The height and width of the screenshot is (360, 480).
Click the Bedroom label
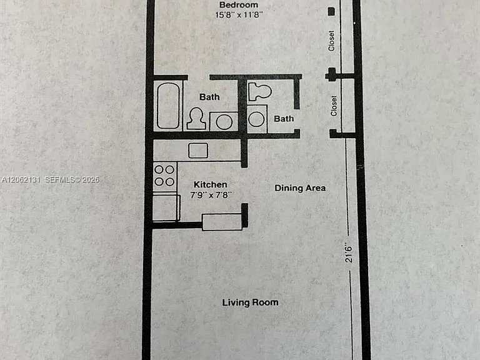pyautogui.click(x=239, y=5)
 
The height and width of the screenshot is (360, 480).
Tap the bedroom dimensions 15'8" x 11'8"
pyautogui.click(x=239, y=15)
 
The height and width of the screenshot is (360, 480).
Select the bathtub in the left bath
pyautogui.click(x=167, y=106)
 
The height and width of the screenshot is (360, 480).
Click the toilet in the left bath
pyautogui.click(x=196, y=118)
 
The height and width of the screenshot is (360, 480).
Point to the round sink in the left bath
pyautogui.click(x=224, y=122)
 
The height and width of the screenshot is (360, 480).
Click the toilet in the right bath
pyautogui.click(x=259, y=91)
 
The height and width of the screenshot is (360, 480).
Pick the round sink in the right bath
pyautogui.click(x=256, y=119)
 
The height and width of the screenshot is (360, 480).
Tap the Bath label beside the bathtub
pyautogui.click(x=209, y=97)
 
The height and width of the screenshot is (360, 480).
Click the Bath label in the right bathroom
pyautogui.click(x=284, y=119)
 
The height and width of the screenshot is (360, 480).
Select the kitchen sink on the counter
pyautogui.click(x=198, y=150)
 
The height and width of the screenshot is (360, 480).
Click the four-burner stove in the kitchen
pyautogui.click(x=165, y=177)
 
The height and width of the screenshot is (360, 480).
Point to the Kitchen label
pyautogui.click(x=211, y=184)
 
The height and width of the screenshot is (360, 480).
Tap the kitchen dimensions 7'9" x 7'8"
pyautogui.click(x=211, y=195)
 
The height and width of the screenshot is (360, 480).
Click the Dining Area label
pyautogui.click(x=300, y=188)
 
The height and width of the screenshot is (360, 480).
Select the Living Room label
pyautogui.click(x=251, y=302)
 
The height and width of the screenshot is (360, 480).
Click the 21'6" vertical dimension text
pyautogui.click(x=349, y=253)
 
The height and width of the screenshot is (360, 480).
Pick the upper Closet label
pyautogui.click(x=331, y=41)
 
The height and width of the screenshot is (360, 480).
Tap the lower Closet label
pyautogui.click(x=334, y=106)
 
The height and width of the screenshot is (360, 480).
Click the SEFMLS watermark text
pyautogui.click(x=72, y=180)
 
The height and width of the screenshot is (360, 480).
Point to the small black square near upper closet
pyautogui.click(x=331, y=12)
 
